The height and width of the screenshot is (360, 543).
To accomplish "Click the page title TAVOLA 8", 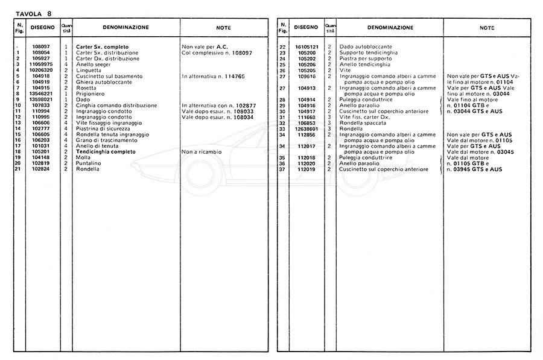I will (x=29, y=11).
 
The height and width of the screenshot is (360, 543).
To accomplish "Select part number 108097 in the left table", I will (x=42, y=47).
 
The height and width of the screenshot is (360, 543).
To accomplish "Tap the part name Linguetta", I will (x=89, y=71).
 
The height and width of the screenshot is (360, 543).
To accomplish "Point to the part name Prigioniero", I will (x=91, y=94).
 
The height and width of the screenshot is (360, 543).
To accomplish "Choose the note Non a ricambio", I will (x=203, y=152).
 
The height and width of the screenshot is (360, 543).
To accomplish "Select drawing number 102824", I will (x=42, y=169).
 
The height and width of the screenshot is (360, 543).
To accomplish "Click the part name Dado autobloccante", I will (x=366, y=47).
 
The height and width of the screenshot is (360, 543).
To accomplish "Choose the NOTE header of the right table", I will (x=486, y=28).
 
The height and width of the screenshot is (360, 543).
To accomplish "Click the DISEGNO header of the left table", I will (x=42, y=28).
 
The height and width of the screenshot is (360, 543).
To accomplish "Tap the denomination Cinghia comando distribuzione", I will (x=116, y=106).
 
